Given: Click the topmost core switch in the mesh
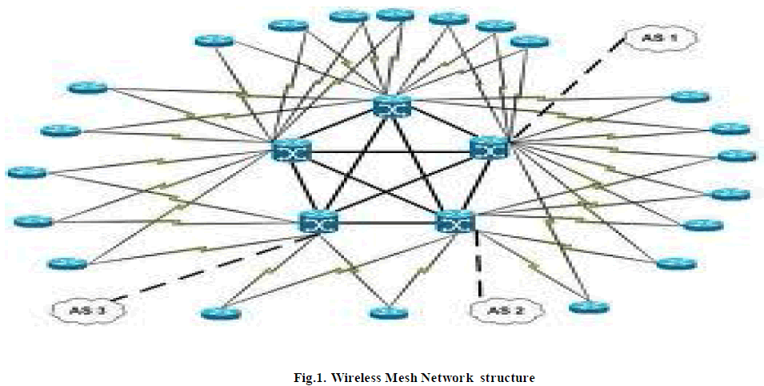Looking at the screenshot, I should [391, 107].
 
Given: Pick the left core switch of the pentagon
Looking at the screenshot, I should [290, 149].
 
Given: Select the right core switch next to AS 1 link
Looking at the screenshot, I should [489, 147].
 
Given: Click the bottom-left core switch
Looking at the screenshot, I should [319, 222].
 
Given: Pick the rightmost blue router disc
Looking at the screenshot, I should [737, 155].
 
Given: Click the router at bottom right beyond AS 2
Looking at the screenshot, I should [589, 307].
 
